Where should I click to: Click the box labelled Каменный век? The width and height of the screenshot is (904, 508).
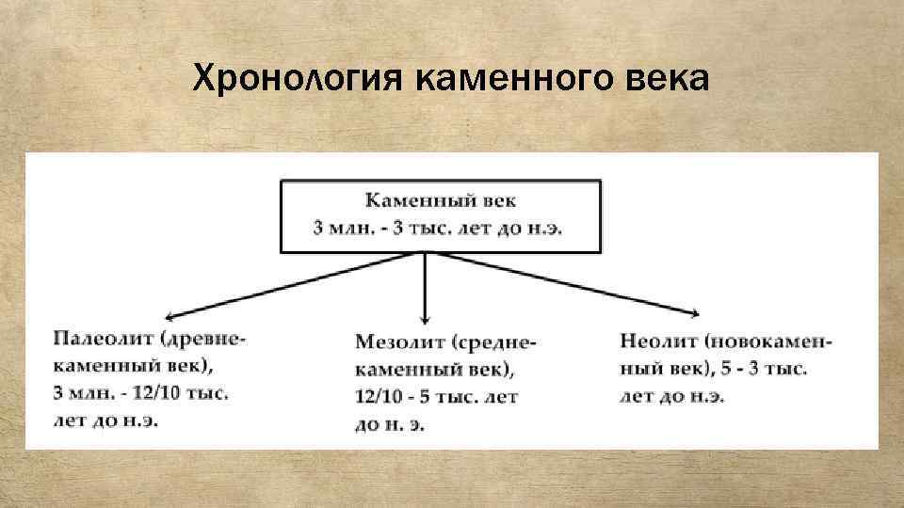click(440, 216)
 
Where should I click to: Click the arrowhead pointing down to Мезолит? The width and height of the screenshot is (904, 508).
click(426, 318)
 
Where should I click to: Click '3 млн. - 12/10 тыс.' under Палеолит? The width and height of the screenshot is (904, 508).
click(140, 392)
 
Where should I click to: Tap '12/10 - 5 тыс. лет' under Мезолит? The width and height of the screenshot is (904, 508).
click(436, 398)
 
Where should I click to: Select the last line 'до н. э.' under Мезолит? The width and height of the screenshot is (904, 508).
click(390, 425)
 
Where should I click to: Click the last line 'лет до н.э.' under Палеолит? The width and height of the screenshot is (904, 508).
click(105, 420)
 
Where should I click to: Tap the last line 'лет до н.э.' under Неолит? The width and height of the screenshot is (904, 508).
click(672, 396)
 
